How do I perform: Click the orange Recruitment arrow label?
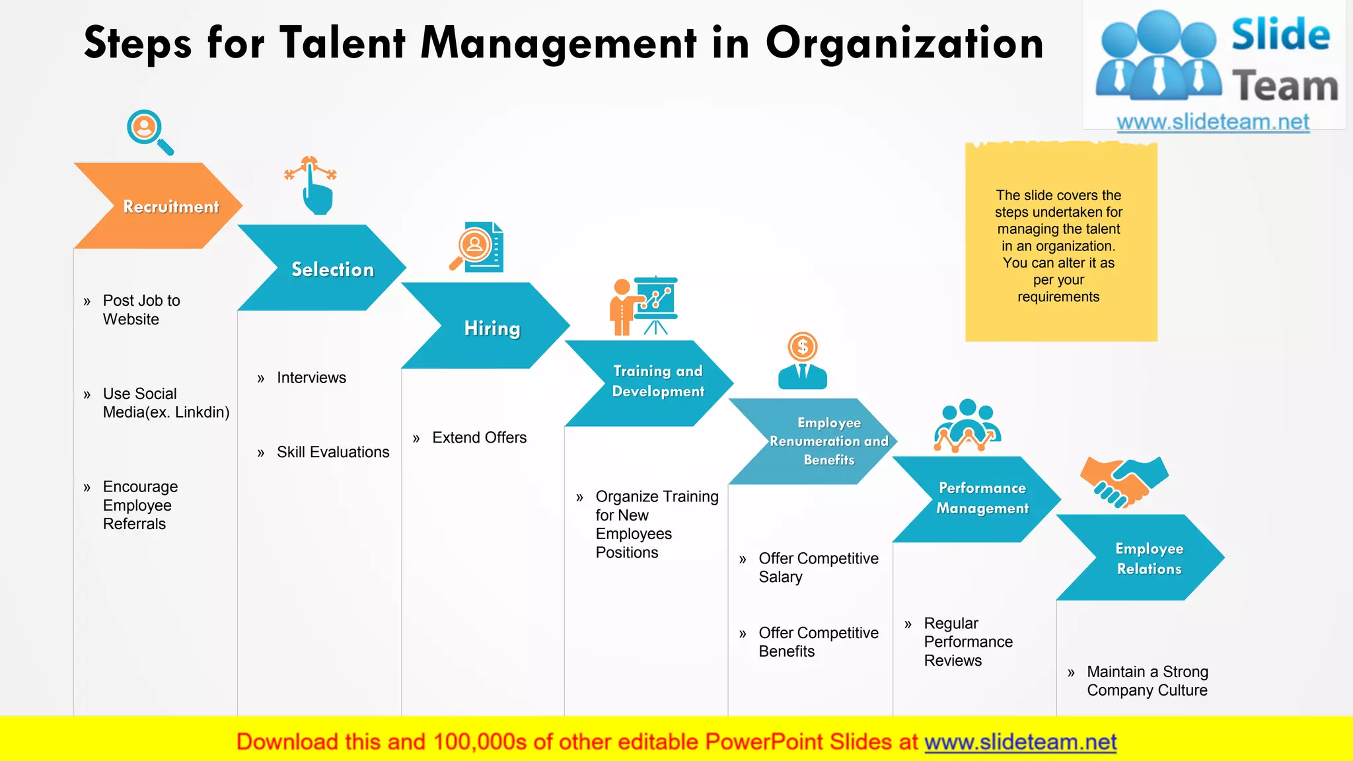pyautogui.click(x=170, y=207)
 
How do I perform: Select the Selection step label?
pyautogui.click(x=332, y=270)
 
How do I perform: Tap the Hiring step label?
pyautogui.click(x=492, y=328)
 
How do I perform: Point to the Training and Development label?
pyautogui.click(x=658, y=381)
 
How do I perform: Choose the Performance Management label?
pyautogui.click(x=982, y=498)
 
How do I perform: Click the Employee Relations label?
pyautogui.click(x=1150, y=558)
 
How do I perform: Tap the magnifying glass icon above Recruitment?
pyautogui.click(x=149, y=131)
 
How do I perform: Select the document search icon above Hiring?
pyautogui.click(x=478, y=247)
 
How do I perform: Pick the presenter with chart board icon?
pyautogui.click(x=644, y=306)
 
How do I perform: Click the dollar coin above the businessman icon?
pyautogui.click(x=803, y=347)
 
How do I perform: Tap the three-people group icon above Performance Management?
pyautogui.click(x=967, y=425)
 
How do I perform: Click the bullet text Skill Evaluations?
pyautogui.click(x=333, y=452)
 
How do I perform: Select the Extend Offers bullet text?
pyautogui.click(x=479, y=437)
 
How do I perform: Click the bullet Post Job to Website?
pyautogui.click(x=141, y=310)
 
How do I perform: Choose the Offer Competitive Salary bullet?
pyautogui.click(x=818, y=567)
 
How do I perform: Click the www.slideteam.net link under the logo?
pyautogui.click(x=1213, y=122)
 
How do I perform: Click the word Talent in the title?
pyautogui.click(x=342, y=44)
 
